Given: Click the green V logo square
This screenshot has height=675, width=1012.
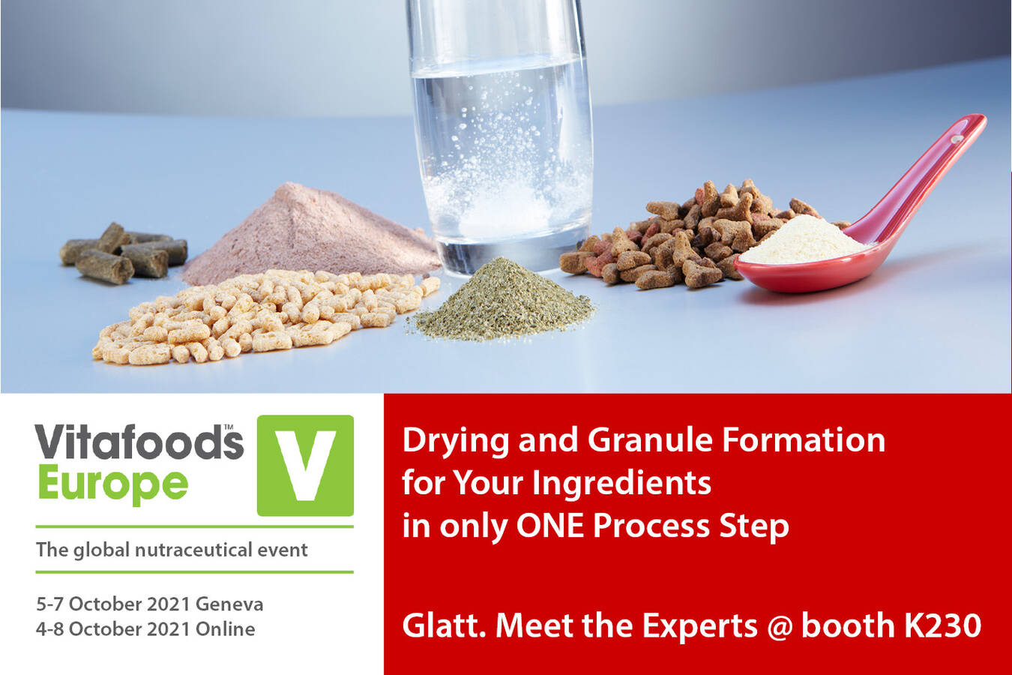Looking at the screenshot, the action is (x=305, y=465).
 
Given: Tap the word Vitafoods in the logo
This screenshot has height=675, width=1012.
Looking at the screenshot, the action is (x=139, y=442).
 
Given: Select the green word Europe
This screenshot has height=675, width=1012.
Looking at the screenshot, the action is (x=113, y=485).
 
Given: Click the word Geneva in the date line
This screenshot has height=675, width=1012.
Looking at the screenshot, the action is (x=229, y=604).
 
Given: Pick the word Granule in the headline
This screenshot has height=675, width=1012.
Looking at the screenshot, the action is (x=650, y=440).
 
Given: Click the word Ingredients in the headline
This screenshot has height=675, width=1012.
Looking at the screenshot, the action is (x=621, y=483).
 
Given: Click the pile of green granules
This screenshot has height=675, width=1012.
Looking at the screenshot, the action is (x=502, y=300).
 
